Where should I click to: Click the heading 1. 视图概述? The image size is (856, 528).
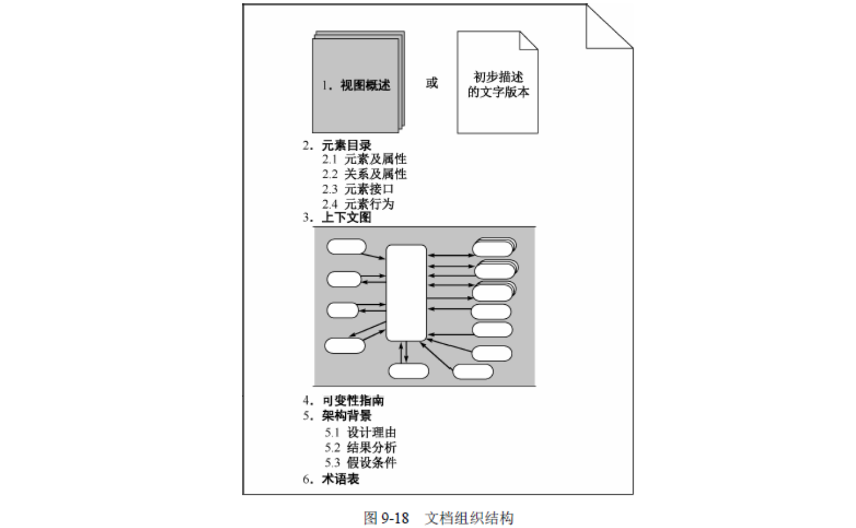356,85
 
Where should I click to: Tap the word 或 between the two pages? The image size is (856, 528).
432,83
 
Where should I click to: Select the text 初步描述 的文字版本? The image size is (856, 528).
498,84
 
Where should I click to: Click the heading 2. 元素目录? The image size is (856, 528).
337,145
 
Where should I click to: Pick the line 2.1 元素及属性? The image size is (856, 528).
364,159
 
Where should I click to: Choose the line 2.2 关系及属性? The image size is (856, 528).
364,174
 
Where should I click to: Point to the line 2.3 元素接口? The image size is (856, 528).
358,189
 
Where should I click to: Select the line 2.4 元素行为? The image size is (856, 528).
358,204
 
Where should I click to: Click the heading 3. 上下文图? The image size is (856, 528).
337,217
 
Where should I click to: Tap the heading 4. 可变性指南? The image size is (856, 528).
343,400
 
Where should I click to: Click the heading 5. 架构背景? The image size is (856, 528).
337,415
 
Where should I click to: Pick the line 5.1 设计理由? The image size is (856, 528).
361,432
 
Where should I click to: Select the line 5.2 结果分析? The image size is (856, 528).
361,448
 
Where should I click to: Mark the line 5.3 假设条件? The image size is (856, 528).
361,462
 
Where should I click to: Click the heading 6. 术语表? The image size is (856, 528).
331,479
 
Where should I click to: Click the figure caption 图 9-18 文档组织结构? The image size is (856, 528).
439,518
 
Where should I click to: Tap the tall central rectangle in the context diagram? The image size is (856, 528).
406,293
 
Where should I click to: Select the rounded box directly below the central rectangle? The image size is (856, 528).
408,371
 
